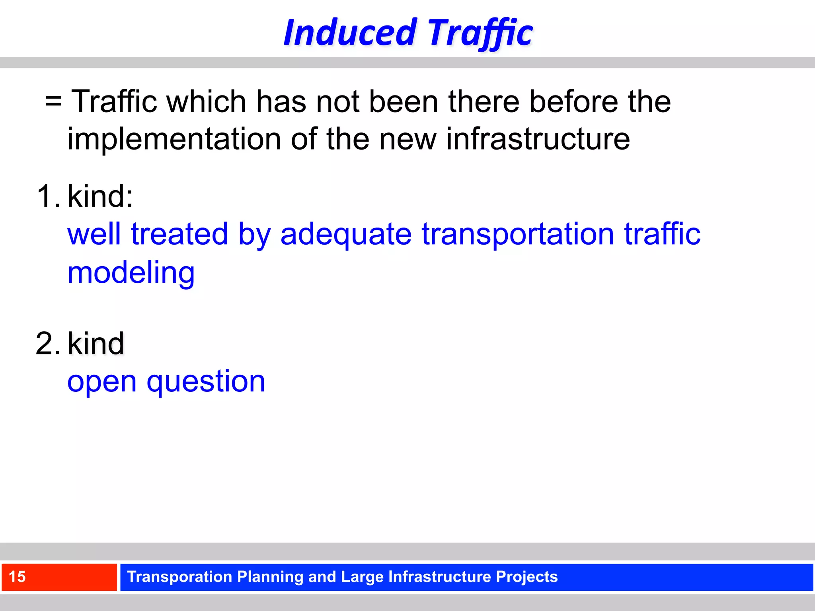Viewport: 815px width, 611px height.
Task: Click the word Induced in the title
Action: (x=350, y=33)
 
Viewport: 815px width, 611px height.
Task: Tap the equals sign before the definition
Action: (x=53, y=101)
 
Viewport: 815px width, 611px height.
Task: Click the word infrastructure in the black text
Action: (x=538, y=139)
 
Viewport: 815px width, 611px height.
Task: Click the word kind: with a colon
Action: (x=100, y=196)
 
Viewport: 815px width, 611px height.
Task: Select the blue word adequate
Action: (x=346, y=234)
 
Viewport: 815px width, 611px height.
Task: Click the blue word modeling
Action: (x=131, y=273)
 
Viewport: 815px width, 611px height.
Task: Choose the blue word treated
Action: (x=179, y=234)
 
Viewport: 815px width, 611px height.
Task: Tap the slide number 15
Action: (x=17, y=577)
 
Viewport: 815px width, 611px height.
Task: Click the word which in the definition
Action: (x=206, y=101)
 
